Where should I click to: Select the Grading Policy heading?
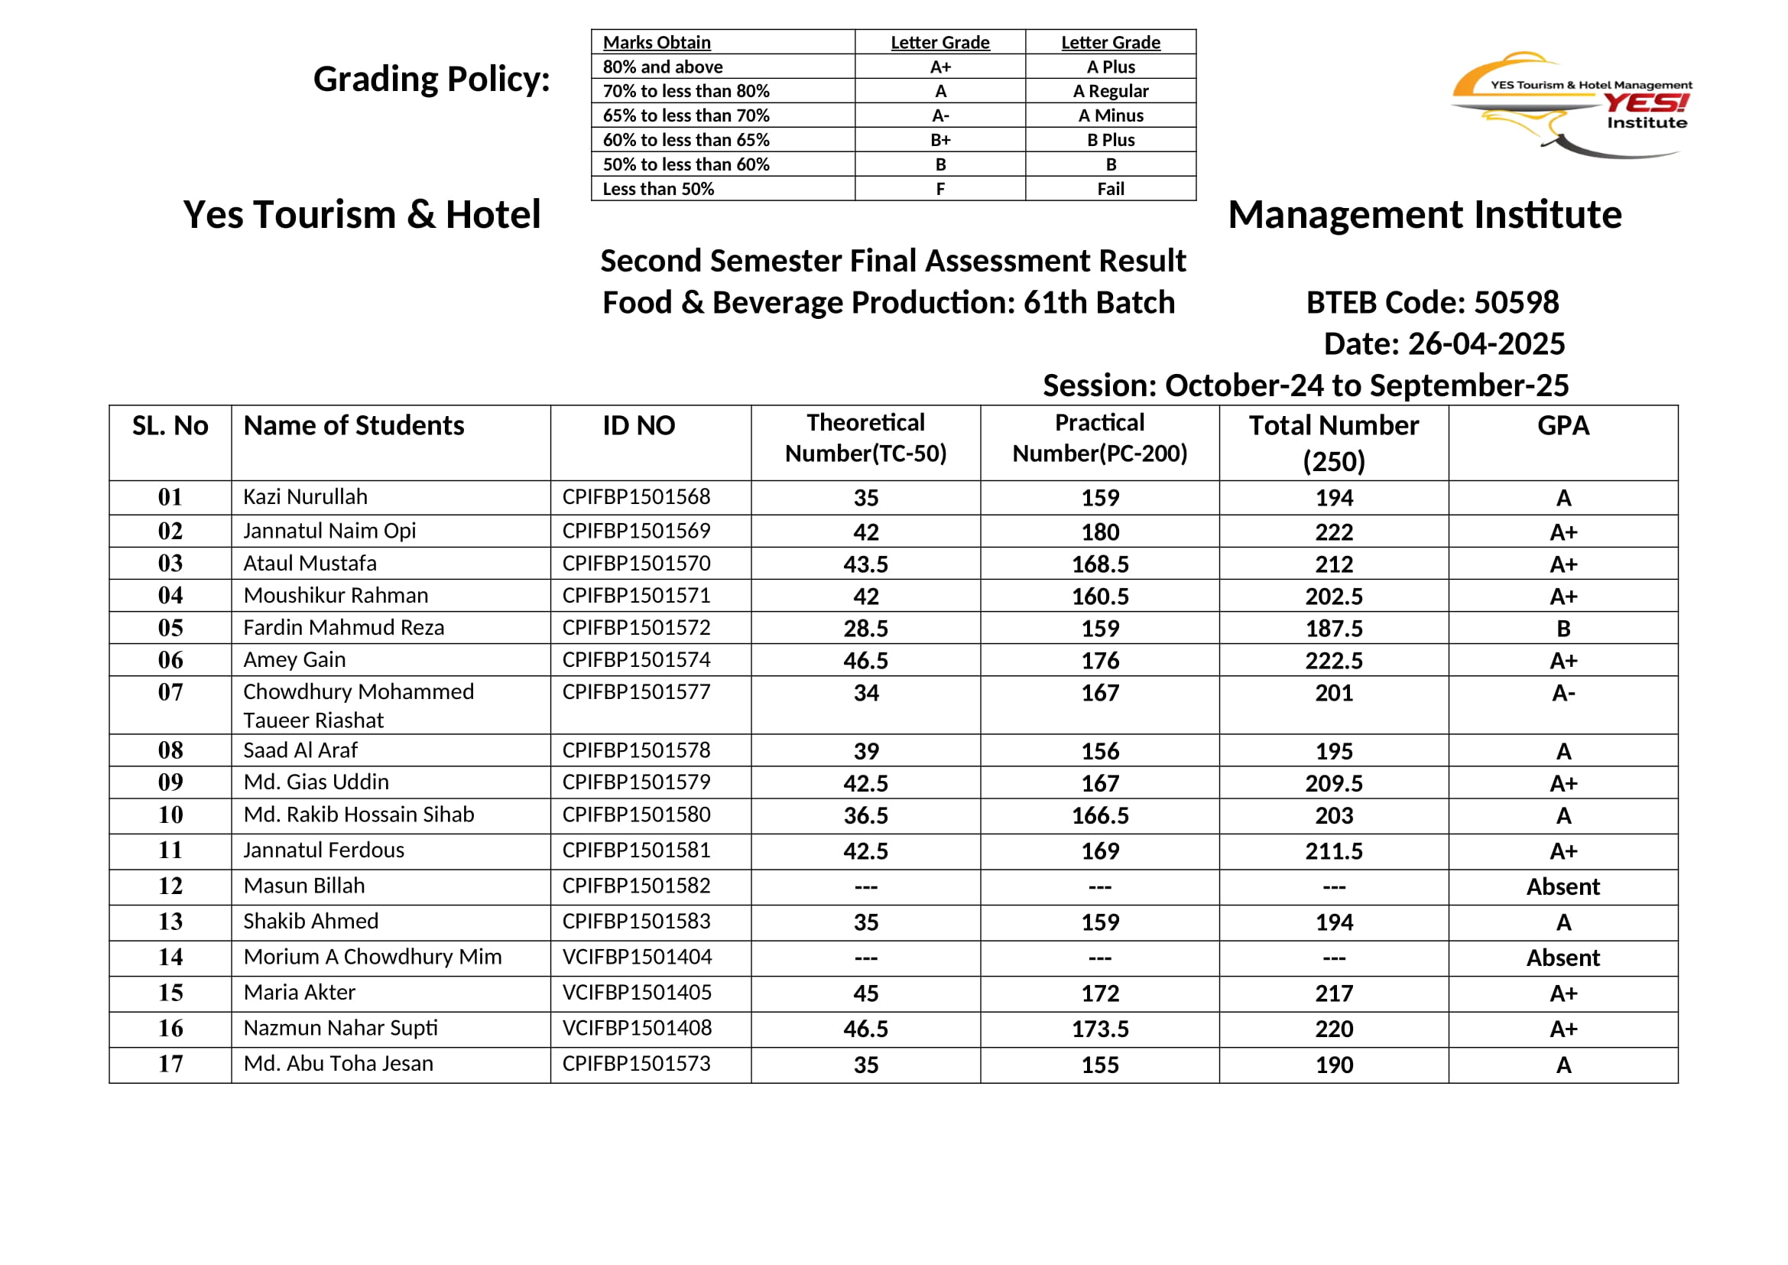tap(431, 80)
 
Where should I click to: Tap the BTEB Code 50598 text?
tap(1432, 302)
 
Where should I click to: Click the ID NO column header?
tap(638, 425)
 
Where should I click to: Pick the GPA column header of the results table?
tap(1563, 425)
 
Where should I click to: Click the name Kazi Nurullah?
tap(305, 497)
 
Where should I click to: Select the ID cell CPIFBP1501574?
tap(636, 660)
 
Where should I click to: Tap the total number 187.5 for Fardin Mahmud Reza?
tap(1334, 629)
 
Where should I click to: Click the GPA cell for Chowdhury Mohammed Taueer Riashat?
tap(1563, 692)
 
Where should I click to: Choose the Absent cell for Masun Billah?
tap(1563, 886)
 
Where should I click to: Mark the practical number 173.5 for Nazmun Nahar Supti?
tap(1099, 1029)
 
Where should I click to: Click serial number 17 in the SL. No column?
tap(170, 1064)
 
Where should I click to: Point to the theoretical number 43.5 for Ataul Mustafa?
tap(865, 564)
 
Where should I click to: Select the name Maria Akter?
tap(299, 993)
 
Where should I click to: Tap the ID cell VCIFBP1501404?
tap(637, 957)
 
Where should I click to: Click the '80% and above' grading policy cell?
tap(663, 67)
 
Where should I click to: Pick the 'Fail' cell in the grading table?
tap(1111, 188)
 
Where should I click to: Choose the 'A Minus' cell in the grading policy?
tap(1111, 115)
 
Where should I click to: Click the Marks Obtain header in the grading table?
tap(657, 42)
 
